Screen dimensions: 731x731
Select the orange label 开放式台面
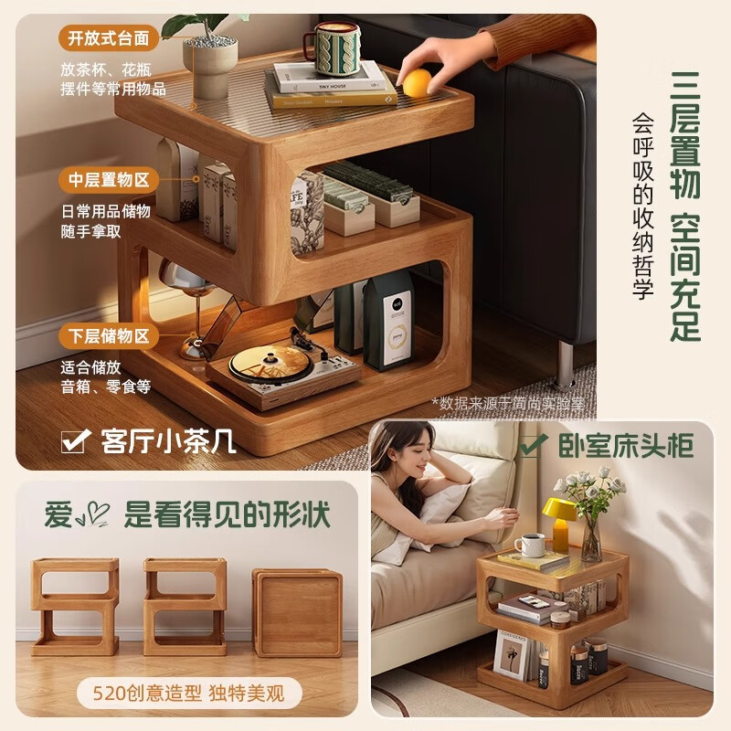click(110, 38)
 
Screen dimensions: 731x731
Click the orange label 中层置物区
click(110, 179)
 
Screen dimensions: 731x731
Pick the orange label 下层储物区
click(110, 335)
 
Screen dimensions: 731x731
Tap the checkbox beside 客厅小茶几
click(73, 441)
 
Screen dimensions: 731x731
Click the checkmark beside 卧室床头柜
click(533, 445)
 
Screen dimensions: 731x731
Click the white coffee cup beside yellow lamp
click(532, 545)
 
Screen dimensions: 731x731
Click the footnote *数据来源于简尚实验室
click(507, 402)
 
